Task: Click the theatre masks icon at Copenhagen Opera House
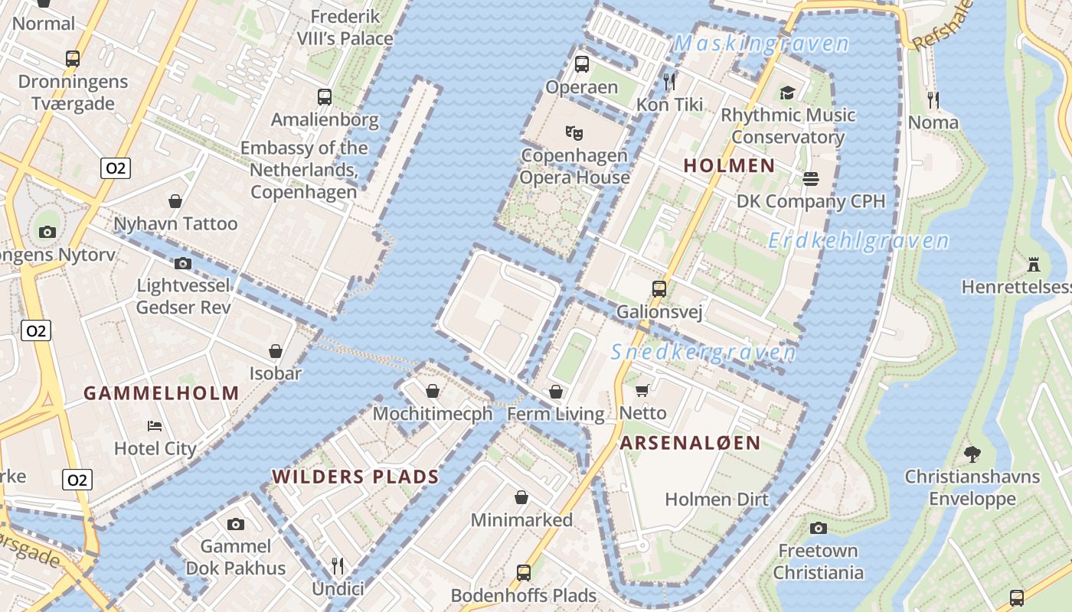[x=574, y=132]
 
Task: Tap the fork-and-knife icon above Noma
[x=933, y=99]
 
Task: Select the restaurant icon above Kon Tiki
[x=670, y=81]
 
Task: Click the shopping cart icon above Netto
[x=642, y=390]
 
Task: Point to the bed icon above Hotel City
[x=155, y=425]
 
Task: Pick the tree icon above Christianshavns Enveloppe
[x=972, y=454]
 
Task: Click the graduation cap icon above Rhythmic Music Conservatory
[x=787, y=93]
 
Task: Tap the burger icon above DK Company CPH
[x=811, y=179]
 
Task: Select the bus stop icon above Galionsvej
[x=659, y=289]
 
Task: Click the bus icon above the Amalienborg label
[x=325, y=97]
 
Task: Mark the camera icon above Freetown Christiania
[x=819, y=528]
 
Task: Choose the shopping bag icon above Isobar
[x=276, y=351]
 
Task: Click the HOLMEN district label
[x=729, y=165]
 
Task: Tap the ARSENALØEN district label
[x=690, y=443]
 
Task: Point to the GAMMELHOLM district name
[x=162, y=394]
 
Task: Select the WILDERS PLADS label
[x=355, y=477]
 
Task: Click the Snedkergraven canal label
[x=704, y=353]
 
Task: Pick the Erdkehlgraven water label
[x=858, y=242]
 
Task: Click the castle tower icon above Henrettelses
[x=1034, y=265]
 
